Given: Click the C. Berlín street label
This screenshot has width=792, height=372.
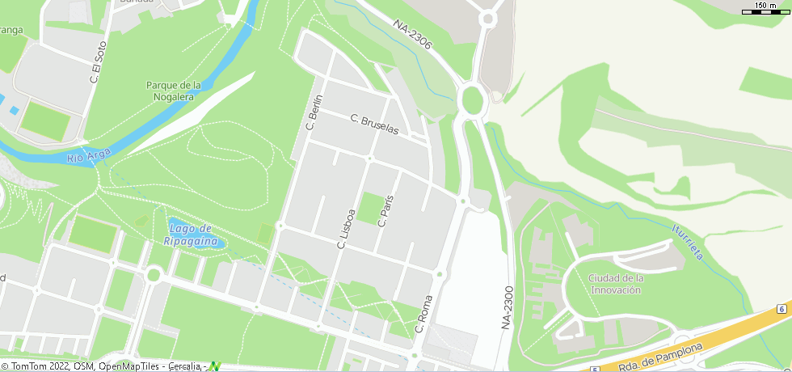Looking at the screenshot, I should click(x=314, y=112).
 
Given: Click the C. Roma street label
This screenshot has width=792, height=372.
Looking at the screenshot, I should click(x=423, y=314).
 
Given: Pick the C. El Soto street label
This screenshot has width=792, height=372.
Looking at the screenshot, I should click(x=98, y=64).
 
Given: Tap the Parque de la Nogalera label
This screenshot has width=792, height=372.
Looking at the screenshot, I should click(x=173, y=91).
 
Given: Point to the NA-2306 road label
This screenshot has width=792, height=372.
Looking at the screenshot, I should click(x=414, y=38).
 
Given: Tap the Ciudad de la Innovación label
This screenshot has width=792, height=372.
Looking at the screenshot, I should click(x=616, y=284).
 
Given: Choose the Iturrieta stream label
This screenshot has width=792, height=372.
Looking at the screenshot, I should click(x=687, y=242).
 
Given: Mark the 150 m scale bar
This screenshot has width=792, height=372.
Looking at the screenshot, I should click(x=765, y=9).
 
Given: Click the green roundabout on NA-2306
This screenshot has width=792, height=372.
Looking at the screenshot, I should click(x=471, y=101).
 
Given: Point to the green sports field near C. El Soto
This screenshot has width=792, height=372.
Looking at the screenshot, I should click(x=45, y=118).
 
